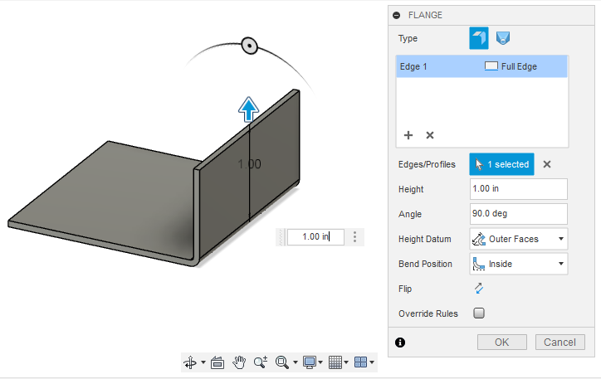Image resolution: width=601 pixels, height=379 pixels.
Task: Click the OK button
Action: coord(501,342)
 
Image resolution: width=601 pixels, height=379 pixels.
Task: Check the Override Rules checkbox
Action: coord(478,313)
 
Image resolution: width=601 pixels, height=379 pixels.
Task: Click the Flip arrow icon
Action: coord(478,289)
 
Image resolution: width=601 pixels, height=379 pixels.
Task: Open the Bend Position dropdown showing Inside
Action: coord(518,264)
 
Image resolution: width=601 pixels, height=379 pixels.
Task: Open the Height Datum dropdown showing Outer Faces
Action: coord(518,239)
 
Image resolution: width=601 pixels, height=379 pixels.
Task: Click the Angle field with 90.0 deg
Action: coord(518,214)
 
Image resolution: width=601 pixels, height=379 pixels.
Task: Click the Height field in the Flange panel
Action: coord(518,189)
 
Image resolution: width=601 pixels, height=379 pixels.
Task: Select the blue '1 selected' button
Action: coord(501,164)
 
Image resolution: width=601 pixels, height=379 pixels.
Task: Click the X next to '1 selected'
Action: coord(547,164)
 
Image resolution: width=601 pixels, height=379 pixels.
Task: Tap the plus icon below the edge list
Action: coord(408,135)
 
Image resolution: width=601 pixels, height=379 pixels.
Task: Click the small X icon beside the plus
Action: coord(430,135)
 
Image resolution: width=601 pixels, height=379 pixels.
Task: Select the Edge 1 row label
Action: coord(413,66)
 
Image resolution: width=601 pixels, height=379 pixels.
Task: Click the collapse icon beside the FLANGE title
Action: coord(397,15)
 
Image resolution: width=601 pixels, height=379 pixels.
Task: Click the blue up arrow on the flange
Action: coord(248,109)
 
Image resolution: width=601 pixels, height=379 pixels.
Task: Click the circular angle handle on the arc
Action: coord(248,46)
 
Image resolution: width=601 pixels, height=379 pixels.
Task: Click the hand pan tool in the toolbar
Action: coord(239,362)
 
